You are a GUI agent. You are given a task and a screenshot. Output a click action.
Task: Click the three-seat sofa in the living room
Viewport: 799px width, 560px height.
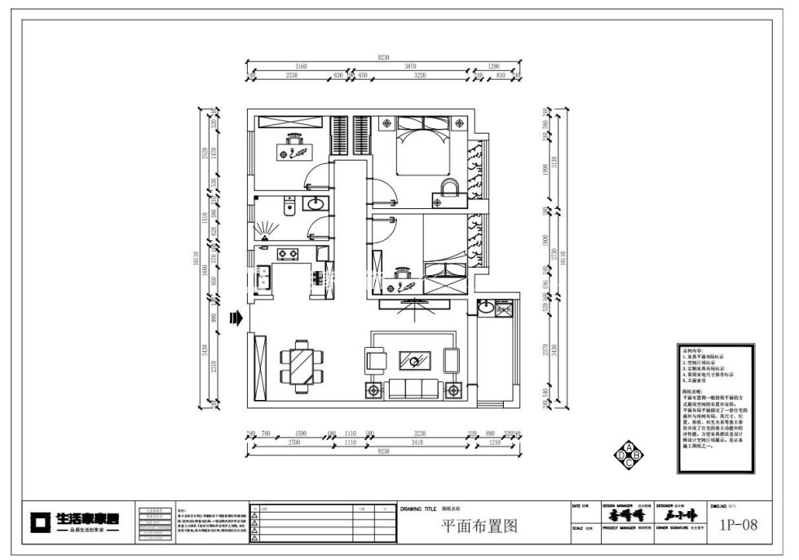(x=415, y=389)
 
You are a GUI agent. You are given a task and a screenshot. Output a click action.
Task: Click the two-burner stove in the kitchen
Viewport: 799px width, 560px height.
(x=286, y=254)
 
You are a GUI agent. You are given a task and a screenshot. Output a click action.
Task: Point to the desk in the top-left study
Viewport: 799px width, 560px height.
(x=292, y=150)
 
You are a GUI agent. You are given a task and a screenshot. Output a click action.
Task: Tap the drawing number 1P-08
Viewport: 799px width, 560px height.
(x=738, y=525)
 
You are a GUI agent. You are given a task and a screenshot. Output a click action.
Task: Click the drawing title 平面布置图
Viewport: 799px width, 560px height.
(x=479, y=527)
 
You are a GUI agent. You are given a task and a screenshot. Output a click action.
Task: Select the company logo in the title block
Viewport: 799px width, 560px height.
(x=76, y=521)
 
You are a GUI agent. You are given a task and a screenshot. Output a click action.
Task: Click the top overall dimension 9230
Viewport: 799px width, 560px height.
(x=383, y=58)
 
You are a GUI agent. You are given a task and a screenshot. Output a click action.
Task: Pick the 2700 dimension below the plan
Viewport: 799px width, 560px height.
(x=293, y=442)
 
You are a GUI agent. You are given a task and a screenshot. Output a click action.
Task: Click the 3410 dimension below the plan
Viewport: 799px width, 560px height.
(x=417, y=442)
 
